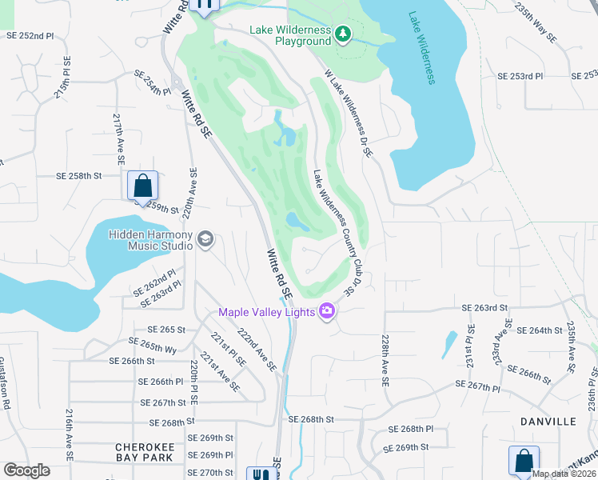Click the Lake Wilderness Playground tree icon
click(343, 33)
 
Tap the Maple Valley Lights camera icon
click(327, 311)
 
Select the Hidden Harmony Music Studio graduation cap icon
click(205, 239)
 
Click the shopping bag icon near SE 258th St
click(142, 186)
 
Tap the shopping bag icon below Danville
click(524, 461)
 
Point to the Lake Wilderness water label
click(421, 47)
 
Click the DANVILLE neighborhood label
click(548, 421)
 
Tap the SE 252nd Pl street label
click(30, 36)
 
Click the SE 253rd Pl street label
click(520, 76)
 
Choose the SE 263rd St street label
click(484, 308)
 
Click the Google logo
click(26, 470)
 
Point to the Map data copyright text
click(564, 474)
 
